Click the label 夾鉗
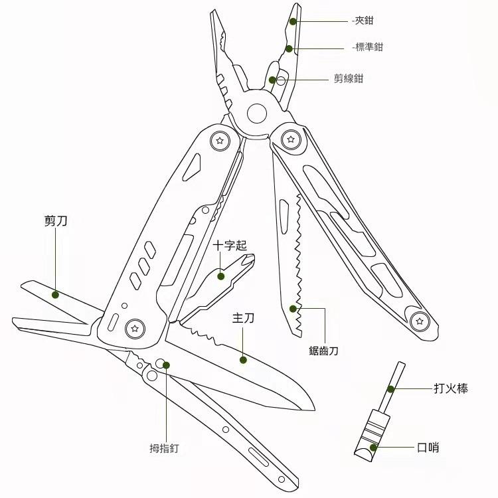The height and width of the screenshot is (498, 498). [364, 21]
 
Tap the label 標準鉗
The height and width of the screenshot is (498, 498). [369, 47]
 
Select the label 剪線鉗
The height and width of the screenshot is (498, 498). [349, 78]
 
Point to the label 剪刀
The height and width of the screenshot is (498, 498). [56, 220]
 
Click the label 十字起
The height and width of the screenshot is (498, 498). [230, 246]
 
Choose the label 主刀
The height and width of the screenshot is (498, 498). [243, 318]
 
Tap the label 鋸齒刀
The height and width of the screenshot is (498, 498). [323, 351]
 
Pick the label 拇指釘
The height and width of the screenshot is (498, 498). [164, 448]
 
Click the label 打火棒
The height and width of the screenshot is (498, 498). [451, 388]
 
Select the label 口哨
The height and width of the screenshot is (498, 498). [428, 448]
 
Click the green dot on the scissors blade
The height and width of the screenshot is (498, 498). [55, 295]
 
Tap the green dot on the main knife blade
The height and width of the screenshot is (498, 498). [243, 360]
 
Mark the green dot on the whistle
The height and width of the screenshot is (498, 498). [373, 448]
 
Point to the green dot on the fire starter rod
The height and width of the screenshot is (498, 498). [390, 389]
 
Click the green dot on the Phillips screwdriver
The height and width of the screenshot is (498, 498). [220, 276]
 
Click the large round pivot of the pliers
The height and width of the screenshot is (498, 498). [256, 114]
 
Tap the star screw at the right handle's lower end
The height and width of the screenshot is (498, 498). [420, 321]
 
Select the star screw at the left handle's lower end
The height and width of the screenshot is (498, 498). [135, 329]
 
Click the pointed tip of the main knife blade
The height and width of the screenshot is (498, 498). [315, 410]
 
